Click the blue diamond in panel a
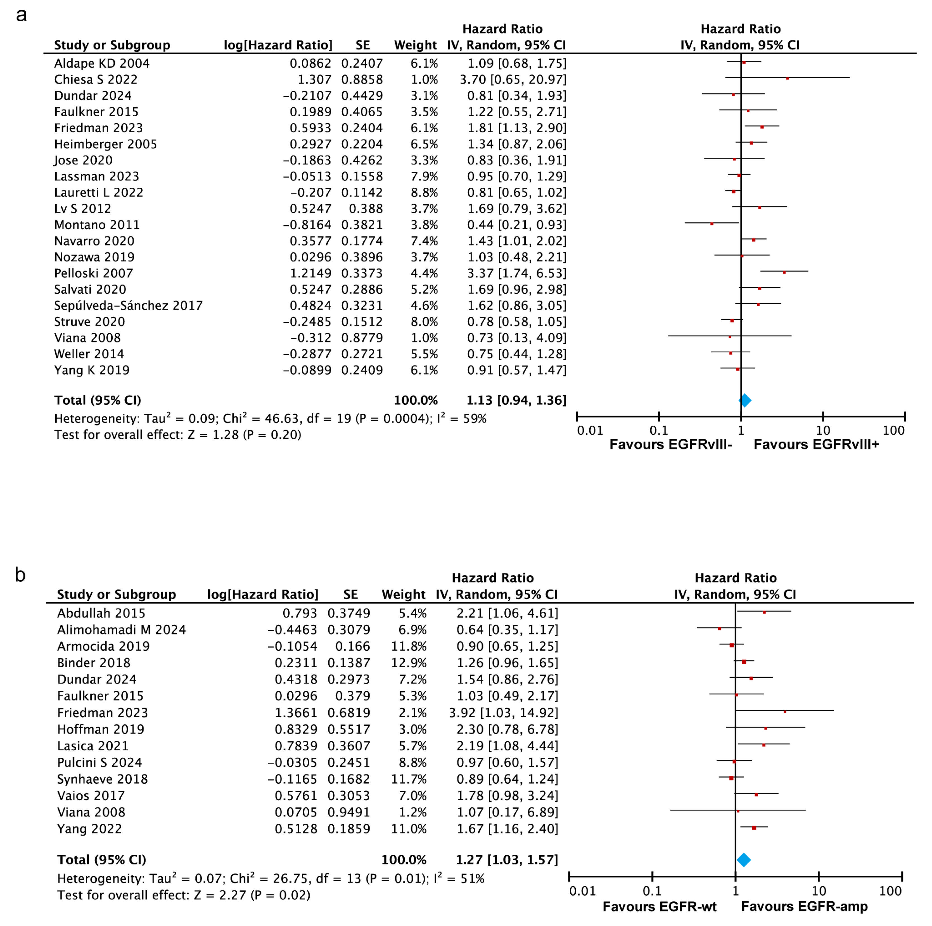745,400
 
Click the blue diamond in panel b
743,860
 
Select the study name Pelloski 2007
94,273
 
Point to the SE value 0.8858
362,80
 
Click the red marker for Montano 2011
712,223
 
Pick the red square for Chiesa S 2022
787,78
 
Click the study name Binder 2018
94,663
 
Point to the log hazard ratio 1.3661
296,713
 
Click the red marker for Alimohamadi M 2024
719,629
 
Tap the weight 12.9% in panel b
409,663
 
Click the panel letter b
20,574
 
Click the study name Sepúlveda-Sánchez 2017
128,306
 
